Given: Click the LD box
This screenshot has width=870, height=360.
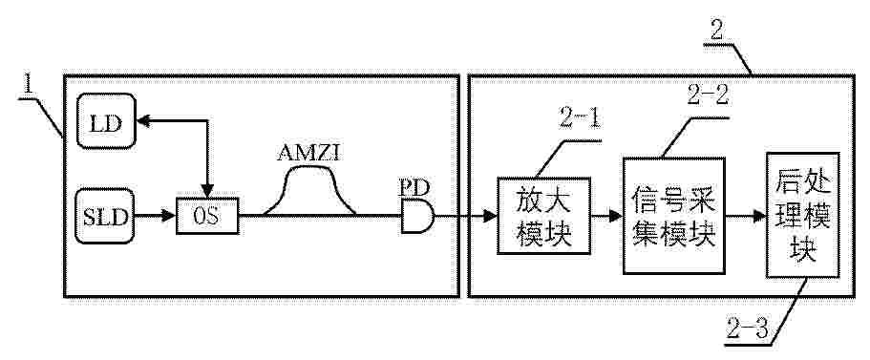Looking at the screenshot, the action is coord(105,120).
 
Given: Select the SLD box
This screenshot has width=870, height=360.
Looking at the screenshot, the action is coord(105,216).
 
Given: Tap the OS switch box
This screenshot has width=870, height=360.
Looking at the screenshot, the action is coord(207,215).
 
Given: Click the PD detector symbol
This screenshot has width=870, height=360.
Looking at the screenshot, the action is coord(417,215).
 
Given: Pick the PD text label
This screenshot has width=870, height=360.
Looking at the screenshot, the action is coord(414,186).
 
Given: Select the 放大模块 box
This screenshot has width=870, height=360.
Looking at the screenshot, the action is coord(544,216).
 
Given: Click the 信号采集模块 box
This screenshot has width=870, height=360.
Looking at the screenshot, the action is coord(673,215).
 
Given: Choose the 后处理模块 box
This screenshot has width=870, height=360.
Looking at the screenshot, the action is coord(803,215).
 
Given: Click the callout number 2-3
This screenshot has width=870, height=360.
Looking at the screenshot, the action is coord(748,331).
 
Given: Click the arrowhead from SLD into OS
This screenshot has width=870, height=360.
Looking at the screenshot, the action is coord(169,216).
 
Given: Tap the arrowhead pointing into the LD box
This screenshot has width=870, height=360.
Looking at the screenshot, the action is coord(143,120).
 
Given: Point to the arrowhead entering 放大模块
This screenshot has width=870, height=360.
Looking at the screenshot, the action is coord(489,216).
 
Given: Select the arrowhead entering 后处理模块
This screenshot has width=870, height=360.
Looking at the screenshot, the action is coord(758,216).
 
